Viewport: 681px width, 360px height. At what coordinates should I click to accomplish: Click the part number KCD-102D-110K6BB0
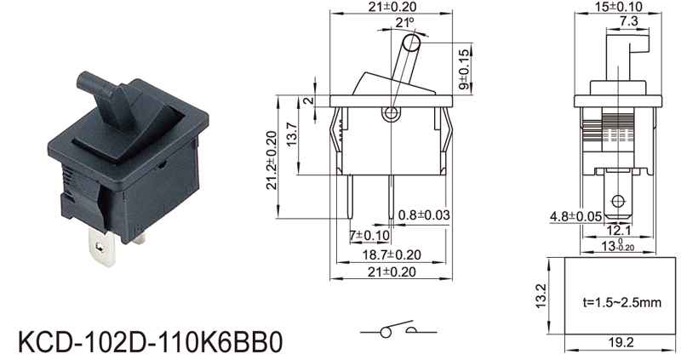(x=151, y=342)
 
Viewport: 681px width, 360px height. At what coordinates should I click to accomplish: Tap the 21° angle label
(x=405, y=23)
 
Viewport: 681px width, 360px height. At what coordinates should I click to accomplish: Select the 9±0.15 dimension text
(x=464, y=70)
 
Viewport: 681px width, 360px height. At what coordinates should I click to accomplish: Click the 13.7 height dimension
(x=291, y=134)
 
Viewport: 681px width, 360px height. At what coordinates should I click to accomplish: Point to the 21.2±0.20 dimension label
(x=272, y=160)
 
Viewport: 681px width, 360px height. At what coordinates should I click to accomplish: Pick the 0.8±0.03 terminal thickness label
(x=424, y=215)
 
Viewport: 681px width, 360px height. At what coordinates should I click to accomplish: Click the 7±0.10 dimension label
(x=369, y=236)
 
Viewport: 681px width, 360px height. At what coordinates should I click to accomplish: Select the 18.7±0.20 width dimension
(x=392, y=255)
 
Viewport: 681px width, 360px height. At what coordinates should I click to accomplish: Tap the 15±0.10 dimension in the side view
(x=619, y=6)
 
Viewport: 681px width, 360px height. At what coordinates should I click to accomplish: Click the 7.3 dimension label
(x=628, y=20)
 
